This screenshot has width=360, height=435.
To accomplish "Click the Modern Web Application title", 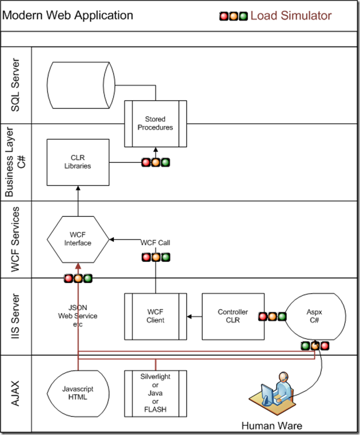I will [68, 15].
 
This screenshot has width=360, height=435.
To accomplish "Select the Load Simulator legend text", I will [291, 15].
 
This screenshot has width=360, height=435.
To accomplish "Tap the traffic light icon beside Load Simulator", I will [233, 16].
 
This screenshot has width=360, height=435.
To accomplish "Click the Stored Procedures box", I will [155, 123].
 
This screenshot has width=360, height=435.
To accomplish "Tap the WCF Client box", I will [155, 316].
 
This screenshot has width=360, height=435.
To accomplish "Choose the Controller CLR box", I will [233, 316].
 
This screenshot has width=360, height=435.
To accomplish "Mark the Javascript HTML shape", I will [78, 393].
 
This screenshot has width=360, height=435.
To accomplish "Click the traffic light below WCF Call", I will [155, 257].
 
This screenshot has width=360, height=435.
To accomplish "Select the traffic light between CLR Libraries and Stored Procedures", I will [155, 162].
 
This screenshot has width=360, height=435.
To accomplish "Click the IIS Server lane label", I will [16, 316].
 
